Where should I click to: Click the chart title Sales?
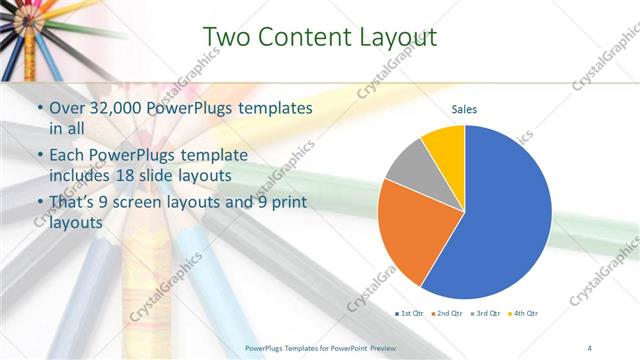[x=464, y=109]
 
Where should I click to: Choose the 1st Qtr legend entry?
[x=410, y=314]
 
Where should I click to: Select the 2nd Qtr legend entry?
[x=447, y=314]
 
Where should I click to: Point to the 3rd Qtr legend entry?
[x=484, y=314]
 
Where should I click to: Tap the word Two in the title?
[x=224, y=37]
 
